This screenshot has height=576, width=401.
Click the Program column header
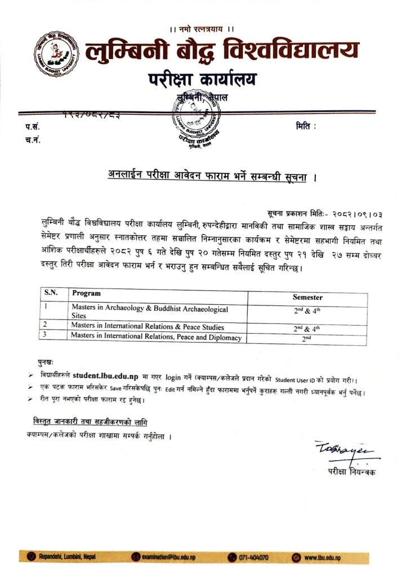[x=86, y=293]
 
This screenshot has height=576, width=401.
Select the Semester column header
[x=307, y=297]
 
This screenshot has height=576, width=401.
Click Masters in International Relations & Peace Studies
[x=148, y=327]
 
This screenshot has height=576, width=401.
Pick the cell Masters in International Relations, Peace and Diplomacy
[x=156, y=337]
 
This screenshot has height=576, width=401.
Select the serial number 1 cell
[x=46, y=307]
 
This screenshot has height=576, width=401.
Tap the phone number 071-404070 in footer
[x=254, y=557]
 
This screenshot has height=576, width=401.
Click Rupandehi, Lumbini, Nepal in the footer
[x=66, y=557]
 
